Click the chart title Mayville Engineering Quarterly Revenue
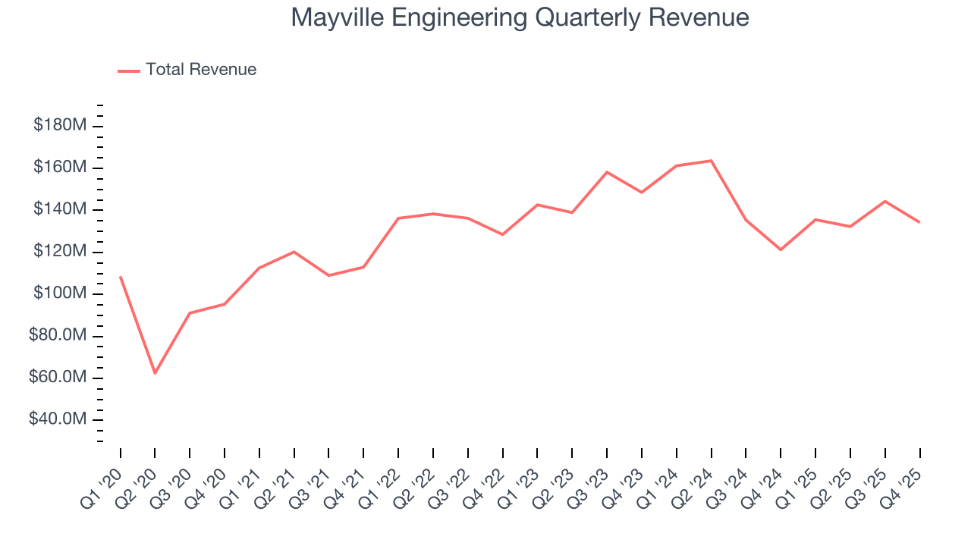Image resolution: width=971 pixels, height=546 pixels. click(520, 17)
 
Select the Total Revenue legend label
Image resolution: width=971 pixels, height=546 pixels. click(201, 70)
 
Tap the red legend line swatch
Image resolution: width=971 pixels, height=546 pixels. click(129, 71)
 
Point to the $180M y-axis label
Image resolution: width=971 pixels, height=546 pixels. click(60, 125)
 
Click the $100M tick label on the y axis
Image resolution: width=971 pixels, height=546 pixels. click(60, 293)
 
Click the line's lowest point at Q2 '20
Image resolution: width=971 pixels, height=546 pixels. click(155, 373)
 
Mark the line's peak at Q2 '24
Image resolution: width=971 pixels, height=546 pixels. click(711, 161)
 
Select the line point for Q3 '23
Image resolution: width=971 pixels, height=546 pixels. click(607, 172)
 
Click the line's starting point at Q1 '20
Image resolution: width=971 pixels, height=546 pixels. click(121, 277)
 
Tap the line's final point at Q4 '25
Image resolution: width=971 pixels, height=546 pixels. click(919, 222)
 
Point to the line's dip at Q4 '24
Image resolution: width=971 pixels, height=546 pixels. click(781, 249)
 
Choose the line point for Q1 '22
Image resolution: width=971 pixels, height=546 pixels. click(398, 218)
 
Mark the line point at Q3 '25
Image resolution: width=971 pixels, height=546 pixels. click(885, 201)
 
